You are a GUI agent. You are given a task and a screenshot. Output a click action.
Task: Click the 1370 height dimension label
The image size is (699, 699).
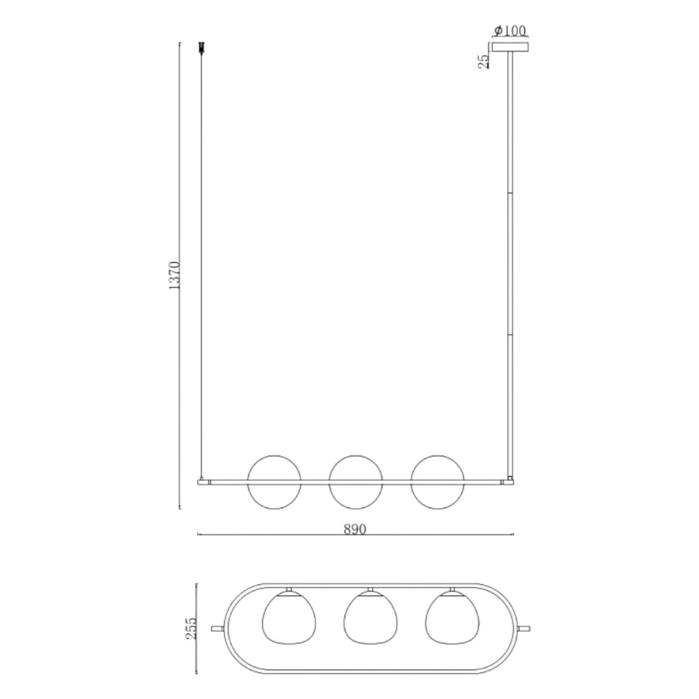tap(174, 275)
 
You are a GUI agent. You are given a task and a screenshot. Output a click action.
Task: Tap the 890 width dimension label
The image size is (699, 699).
tap(355, 529)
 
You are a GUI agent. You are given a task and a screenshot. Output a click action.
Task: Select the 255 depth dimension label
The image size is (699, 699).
tap(191, 628)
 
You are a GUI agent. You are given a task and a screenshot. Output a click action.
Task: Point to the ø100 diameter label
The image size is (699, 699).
tap(510, 30)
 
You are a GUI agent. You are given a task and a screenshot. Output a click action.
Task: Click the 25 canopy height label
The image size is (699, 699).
tap(484, 61)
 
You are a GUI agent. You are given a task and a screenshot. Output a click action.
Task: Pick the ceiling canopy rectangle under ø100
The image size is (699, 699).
tap(510, 47)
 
